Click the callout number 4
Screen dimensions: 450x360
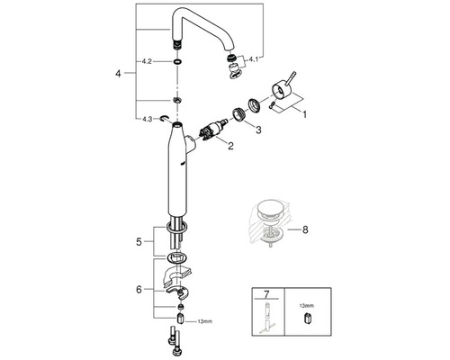click(118, 73)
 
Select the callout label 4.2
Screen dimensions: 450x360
click(147, 62)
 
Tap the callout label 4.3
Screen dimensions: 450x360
click(147, 119)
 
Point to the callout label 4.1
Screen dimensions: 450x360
click(253, 59)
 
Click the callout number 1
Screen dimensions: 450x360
click(304, 114)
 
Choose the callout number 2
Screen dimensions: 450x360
click(230, 146)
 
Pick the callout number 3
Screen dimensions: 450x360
click(258, 130)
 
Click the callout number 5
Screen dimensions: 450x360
click(139, 242)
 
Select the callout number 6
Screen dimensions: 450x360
click(139, 290)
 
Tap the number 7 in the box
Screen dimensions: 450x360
click(267, 294)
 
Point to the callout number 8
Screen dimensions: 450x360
click(305, 230)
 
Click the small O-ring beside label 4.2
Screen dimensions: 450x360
click(177, 62)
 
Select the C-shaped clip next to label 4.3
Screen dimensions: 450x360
click(165, 119)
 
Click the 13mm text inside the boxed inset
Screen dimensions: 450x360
click(306, 306)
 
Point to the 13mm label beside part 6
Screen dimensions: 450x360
click(204, 321)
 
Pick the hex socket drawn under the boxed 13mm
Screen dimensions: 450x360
click(306, 319)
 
